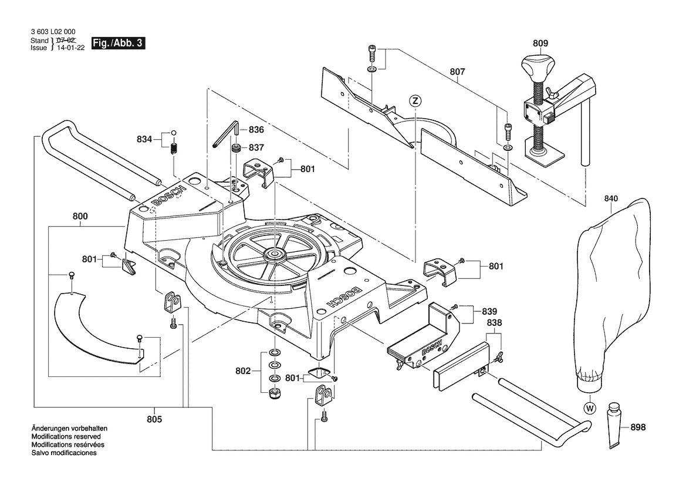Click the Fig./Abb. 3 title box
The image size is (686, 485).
tap(118, 44)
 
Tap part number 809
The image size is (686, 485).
tap(540, 43)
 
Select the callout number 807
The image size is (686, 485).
tap(457, 72)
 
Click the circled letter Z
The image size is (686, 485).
tap(415, 101)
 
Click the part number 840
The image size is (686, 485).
tap(611, 199)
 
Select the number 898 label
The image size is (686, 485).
tap(638, 428)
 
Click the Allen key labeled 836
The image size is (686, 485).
tap(226, 135)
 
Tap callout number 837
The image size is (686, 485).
tap(256, 147)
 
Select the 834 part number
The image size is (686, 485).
tap(144, 140)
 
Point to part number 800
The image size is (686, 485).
tap(80, 216)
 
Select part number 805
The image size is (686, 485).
tap(155, 419)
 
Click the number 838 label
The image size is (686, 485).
tap(494, 323)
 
